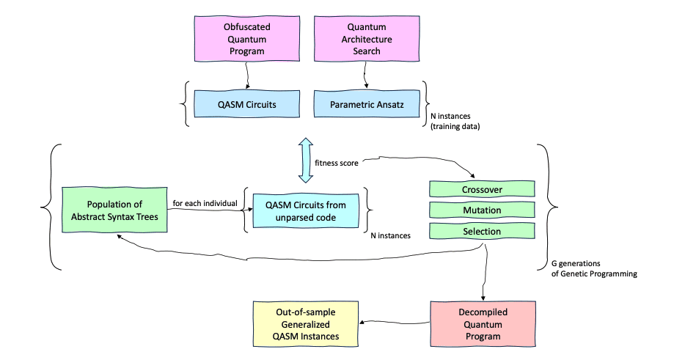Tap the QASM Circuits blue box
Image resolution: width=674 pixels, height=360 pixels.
[x=241, y=105]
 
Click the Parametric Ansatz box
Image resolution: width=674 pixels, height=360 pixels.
[x=362, y=105]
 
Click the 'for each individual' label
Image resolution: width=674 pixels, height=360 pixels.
[x=205, y=202]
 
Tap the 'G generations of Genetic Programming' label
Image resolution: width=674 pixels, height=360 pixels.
[x=593, y=268]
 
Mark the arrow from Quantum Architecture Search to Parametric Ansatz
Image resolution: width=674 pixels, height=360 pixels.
[x=363, y=75]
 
